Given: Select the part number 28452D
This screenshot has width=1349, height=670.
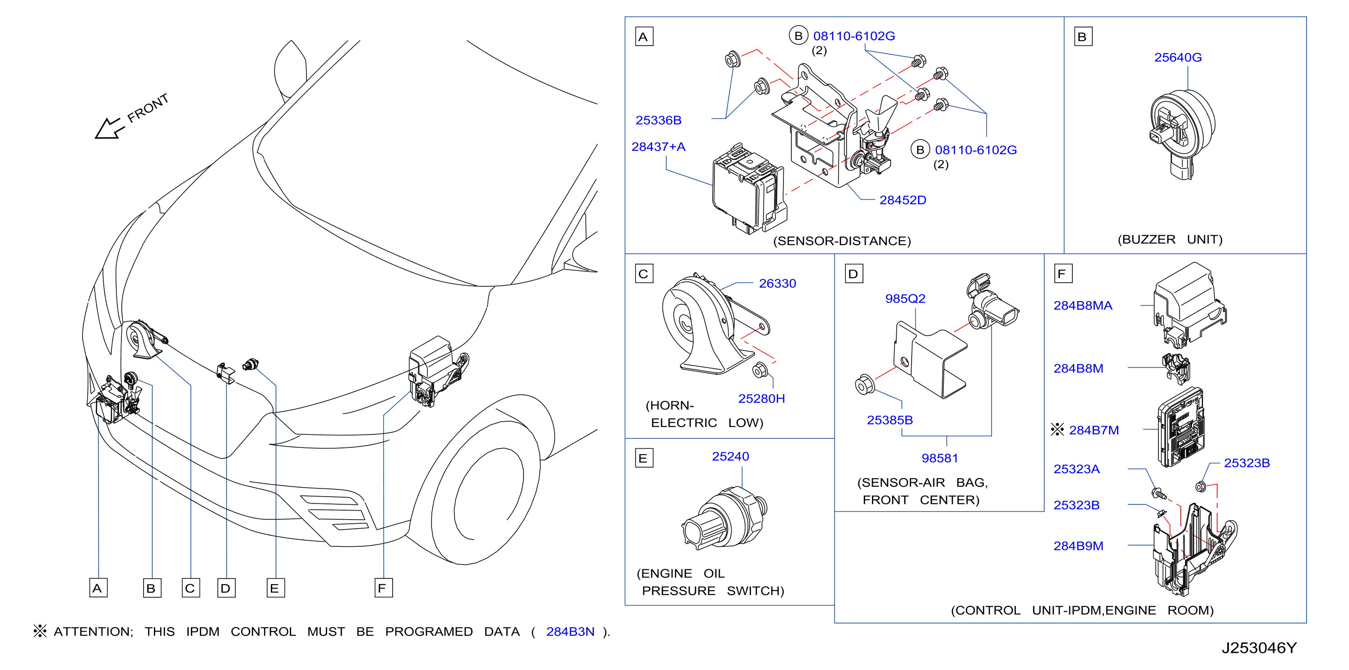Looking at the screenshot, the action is tap(902, 200).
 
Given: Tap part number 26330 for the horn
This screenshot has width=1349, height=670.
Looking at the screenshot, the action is tap(777, 284).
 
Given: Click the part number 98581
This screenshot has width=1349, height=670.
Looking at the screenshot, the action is tap(940, 458).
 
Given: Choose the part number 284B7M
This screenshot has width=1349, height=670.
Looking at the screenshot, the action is tap(1094, 430).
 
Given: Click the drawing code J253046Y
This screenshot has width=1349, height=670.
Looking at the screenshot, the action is tap(1259, 648).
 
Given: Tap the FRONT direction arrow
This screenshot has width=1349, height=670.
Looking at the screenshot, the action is tap(108, 129).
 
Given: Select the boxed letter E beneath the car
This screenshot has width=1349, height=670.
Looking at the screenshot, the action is tap(275, 588).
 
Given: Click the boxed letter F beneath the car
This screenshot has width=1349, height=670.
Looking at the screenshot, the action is tap(383, 588).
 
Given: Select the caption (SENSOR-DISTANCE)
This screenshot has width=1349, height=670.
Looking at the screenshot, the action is tap(842, 241).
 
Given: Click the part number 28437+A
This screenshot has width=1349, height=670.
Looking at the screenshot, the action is tap(658, 147).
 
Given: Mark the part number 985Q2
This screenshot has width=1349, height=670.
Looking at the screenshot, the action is tap(905, 298).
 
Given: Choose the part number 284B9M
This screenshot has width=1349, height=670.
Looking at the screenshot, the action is tap(1078, 546).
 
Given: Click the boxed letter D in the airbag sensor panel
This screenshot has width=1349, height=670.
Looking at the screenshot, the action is tap(853, 274).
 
